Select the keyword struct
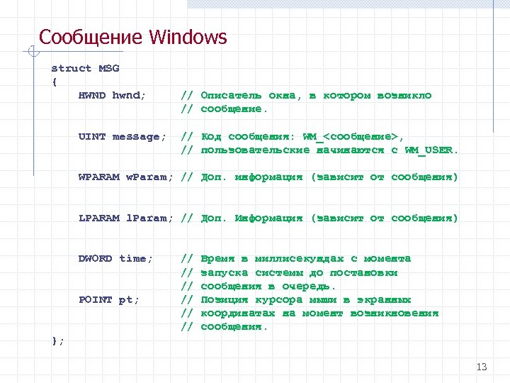[x=72, y=69]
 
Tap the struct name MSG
[x=109, y=69]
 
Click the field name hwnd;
[x=130, y=96]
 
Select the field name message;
[x=140, y=137]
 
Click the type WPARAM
[x=99, y=177]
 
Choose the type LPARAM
[x=99, y=218]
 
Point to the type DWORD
[x=96, y=259]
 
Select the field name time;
[x=136, y=259]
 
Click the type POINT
[x=96, y=300]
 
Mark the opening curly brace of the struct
[x=55, y=82]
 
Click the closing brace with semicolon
[x=58, y=341]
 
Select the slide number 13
[x=482, y=367]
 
